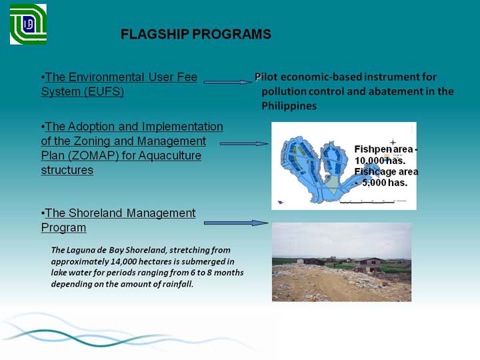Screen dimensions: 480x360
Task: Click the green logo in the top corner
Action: (28, 24)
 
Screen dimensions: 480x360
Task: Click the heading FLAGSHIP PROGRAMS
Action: (196, 34)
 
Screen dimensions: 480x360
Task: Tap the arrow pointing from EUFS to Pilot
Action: (228, 82)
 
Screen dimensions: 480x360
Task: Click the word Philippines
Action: (289, 106)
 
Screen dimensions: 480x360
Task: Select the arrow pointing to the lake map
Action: (244, 143)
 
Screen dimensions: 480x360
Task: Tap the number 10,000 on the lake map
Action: (369, 161)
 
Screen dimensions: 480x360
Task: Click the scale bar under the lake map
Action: (367, 203)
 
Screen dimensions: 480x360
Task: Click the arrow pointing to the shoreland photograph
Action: (236, 223)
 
